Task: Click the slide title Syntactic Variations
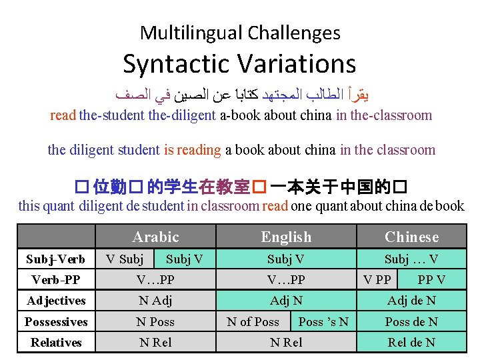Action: [x=239, y=64]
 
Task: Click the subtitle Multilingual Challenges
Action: [x=240, y=32]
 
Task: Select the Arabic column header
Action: [x=156, y=237]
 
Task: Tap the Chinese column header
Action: [x=411, y=237]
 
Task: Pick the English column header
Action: [x=286, y=237]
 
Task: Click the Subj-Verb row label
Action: [x=55, y=259]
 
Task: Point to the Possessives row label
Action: [x=56, y=322]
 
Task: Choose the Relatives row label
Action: [x=56, y=343]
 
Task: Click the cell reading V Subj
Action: [x=125, y=259]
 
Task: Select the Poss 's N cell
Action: [x=323, y=322]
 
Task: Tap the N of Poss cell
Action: [x=253, y=322]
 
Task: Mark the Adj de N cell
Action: [x=411, y=301]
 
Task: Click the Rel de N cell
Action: [x=411, y=343]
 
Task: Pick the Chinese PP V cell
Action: [x=431, y=279]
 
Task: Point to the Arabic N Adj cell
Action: [x=155, y=301]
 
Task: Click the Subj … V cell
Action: [x=411, y=259]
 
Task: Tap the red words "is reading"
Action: [x=192, y=150]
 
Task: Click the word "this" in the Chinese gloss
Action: [x=29, y=206]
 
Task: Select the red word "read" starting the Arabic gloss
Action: [x=63, y=115]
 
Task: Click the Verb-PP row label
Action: [x=56, y=279]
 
